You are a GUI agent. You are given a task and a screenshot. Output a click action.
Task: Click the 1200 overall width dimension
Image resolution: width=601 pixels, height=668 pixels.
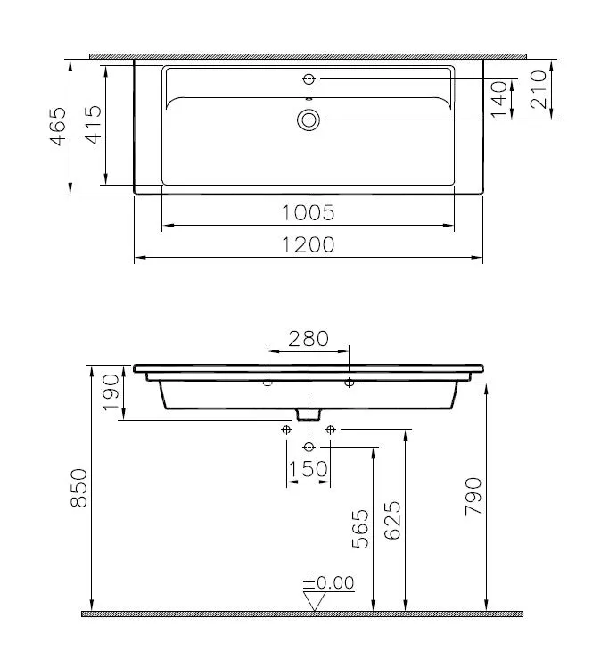[309, 244]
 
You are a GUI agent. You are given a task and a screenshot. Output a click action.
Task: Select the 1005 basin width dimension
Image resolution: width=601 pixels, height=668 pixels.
[309, 212]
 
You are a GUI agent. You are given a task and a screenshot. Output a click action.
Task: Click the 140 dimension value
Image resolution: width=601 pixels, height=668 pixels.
[498, 99]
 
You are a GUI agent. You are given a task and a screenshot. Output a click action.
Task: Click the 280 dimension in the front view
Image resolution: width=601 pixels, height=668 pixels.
[309, 338]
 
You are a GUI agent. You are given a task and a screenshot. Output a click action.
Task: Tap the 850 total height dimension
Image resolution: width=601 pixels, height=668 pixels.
[79, 489]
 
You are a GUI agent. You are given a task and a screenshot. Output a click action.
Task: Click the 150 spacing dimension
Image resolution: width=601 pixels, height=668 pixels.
[309, 468]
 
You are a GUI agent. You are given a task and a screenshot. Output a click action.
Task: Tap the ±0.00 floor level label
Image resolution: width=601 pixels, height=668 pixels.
[328, 583]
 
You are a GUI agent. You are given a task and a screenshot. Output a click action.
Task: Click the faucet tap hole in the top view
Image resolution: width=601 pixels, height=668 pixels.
[309, 78]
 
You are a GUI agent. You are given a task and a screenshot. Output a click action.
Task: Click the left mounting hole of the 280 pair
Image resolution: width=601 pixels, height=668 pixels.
[268, 383]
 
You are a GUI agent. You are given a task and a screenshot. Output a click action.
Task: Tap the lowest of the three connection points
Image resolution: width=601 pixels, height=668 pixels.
[309, 446]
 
